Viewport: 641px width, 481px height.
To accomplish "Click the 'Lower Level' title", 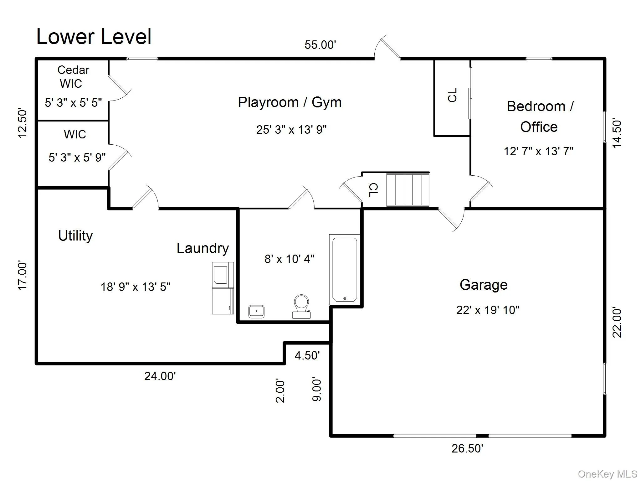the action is pos(94,37).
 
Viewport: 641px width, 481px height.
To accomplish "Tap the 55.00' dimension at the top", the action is pos(320,45).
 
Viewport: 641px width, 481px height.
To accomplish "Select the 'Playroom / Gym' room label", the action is pos(290,103).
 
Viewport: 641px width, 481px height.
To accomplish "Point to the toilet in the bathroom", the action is pos(301,306).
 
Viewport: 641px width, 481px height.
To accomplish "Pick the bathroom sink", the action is pos(256,311).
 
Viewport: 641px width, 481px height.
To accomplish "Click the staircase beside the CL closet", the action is pos(408,190).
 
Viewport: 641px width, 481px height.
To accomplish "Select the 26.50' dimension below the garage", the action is pos(467,448).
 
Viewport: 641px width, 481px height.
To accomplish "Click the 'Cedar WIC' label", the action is pos(73,77).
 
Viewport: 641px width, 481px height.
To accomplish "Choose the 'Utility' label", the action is pos(75,236).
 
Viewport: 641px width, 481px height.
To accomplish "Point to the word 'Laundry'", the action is pos(203,249).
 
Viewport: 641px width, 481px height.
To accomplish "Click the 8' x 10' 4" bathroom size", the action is pos(290,259).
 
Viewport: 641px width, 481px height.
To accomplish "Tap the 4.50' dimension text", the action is pos(307,355).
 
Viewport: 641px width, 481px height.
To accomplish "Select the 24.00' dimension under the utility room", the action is pos(160,376).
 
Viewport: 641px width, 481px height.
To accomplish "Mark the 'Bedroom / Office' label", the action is pos(540,116).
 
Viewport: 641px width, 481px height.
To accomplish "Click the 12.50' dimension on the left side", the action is pos(23,123).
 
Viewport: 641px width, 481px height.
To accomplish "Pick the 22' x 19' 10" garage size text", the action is pos(488,310).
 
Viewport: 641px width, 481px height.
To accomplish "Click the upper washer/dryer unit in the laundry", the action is pos(223,275).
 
